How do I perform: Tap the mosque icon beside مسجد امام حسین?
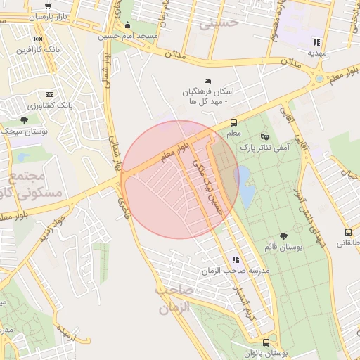pos(127,25)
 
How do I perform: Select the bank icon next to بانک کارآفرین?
pos(38,39)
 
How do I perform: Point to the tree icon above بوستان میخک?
pos(25,120)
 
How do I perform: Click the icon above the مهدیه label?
pos(317,42)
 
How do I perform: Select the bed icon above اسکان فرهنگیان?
pos(207,81)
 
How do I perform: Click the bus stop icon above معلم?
pos(234,122)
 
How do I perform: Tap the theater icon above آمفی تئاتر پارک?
pos(264,136)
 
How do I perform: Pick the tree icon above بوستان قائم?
pos(284,237)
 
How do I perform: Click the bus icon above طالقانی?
pos(348,232)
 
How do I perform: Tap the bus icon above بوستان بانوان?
pos(266,342)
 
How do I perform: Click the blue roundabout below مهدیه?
pos(320,79)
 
